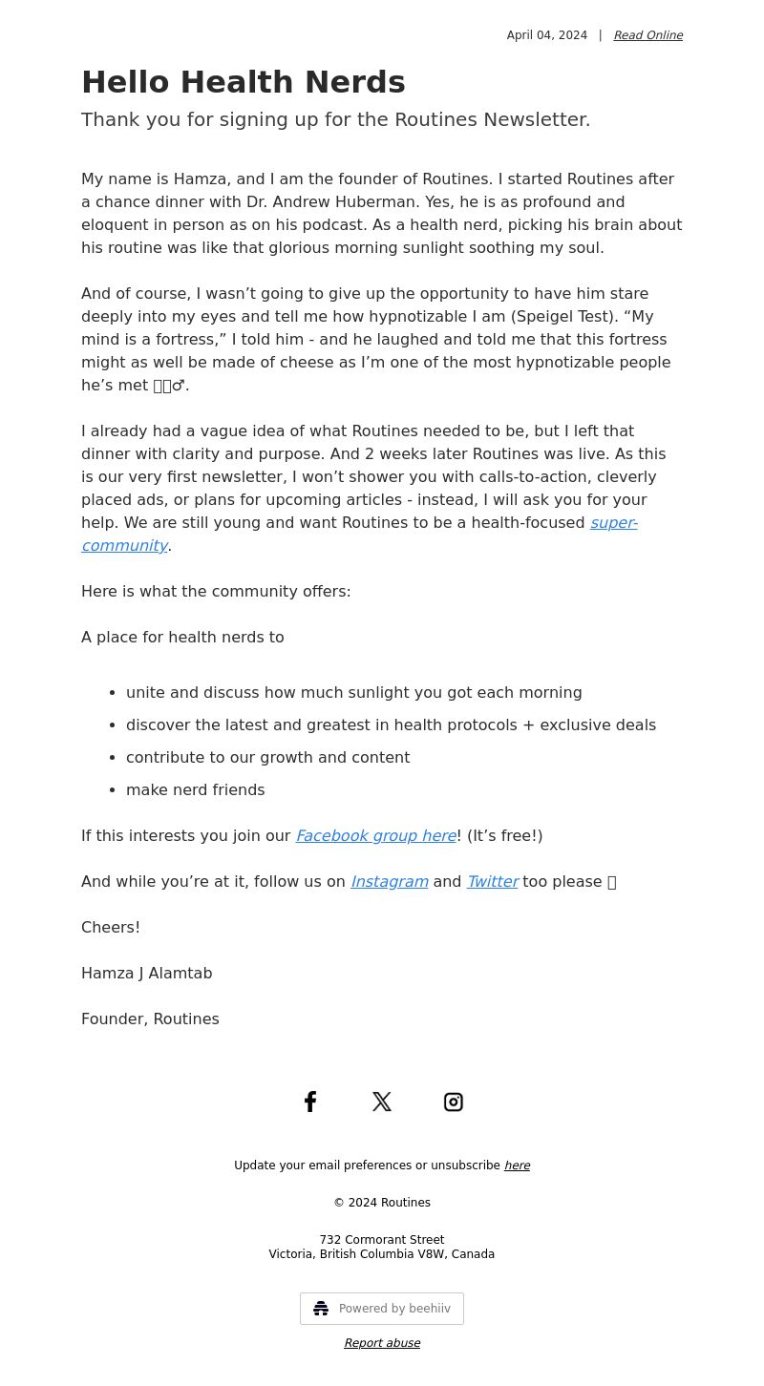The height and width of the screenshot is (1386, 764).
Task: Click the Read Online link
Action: coord(647,35)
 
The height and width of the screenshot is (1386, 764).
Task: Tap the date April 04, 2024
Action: coord(546,35)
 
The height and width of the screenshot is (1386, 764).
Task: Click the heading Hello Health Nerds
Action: coord(243,82)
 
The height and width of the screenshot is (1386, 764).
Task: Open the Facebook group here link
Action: coord(375,836)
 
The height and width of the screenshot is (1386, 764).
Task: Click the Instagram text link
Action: coord(389,882)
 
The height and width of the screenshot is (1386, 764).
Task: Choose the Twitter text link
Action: coord(492,882)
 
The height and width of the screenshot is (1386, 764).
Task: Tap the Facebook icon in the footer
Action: coord(310,1102)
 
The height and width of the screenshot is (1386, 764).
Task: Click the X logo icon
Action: coord(382,1102)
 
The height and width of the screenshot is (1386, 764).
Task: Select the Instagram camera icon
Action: coord(454,1102)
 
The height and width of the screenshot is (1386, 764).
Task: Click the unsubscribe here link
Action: coord(517,1165)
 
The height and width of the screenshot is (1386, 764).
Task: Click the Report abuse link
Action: coord(382,1343)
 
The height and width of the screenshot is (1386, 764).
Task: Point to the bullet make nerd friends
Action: coord(195,790)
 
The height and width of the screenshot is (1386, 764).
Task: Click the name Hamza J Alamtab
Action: coord(146,974)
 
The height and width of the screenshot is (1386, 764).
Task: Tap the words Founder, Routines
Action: coord(150,1019)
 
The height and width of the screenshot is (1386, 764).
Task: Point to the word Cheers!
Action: coord(111,928)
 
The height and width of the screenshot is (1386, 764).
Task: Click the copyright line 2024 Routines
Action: coord(382,1203)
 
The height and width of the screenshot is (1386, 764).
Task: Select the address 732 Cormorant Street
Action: coord(382,1240)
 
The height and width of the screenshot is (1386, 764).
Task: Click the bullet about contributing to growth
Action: coord(267,758)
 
